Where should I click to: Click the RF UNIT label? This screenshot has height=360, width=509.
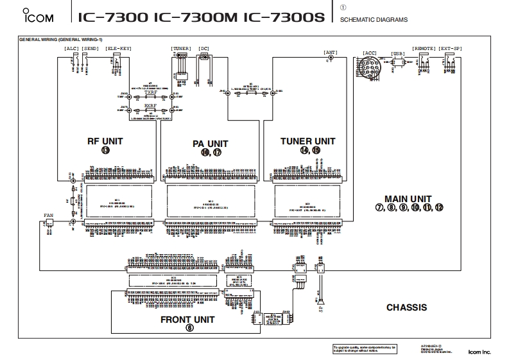click(105, 141)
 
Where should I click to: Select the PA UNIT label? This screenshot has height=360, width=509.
click(210, 143)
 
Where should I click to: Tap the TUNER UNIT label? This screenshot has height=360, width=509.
click(307, 141)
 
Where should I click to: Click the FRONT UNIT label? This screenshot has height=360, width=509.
click(187, 319)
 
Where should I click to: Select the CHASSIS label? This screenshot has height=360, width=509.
click(406, 307)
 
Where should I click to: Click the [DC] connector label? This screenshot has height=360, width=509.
click(204, 48)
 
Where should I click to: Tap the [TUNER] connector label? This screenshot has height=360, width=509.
click(181, 48)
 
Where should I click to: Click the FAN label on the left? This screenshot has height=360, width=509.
click(49, 215)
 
